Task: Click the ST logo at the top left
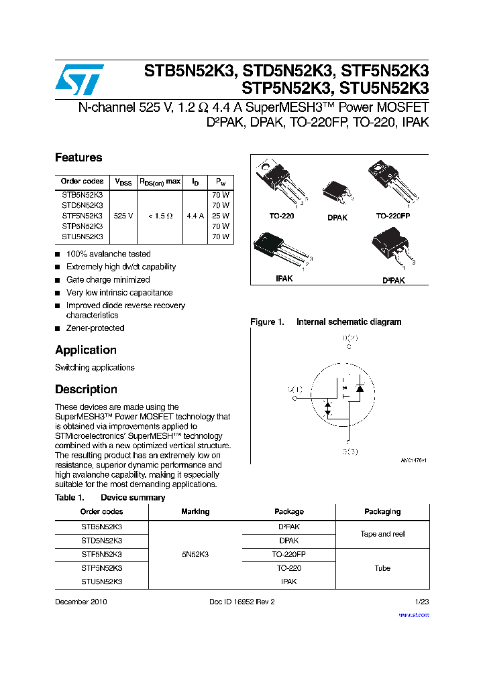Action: pyautogui.click(x=80, y=80)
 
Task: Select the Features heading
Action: pyautogui.click(x=78, y=157)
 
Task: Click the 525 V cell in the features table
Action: pyautogui.click(x=123, y=216)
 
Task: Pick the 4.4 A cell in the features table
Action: pyautogui.click(x=195, y=216)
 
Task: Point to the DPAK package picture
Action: pyautogui.click(x=337, y=192)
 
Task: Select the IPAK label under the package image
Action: pyautogui.click(x=284, y=278)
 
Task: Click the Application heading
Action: pyautogui.click(x=86, y=350)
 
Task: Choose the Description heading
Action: pyautogui.click(x=86, y=389)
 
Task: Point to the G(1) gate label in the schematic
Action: pyautogui.click(x=295, y=389)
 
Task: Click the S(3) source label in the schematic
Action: pyautogui.click(x=351, y=452)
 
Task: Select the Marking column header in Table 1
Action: pyautogui.click(x=195, y=512)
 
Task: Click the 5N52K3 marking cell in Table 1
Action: pyautogui.click(x=195, y=554)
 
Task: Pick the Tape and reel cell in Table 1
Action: pyautogui.click(x=382, y=534)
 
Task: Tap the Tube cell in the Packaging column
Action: pyautogui.click(x=382, y=568)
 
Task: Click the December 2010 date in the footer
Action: pyautogui.click(x=80, y=602)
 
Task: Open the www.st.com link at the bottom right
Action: pyautogui.click(x=413, y=614)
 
